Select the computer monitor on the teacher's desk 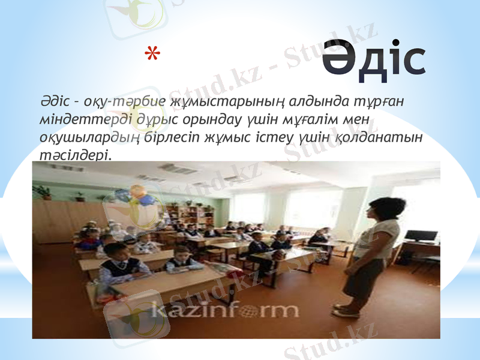(x=421, y=235)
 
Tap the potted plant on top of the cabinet (x=43, y=192)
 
